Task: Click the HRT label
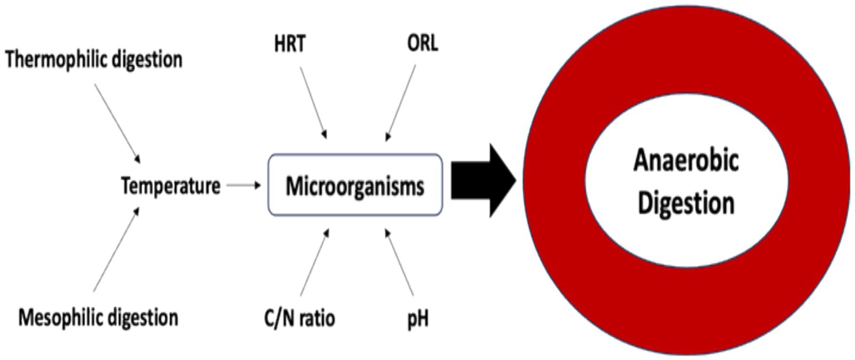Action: pyautogui.click(x=290, y=44)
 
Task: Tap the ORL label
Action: pyautogui.click(x=422, y=43)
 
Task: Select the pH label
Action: pyautogui.click(x=418, y=319)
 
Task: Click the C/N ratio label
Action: pyautogui.click(x=300, y=318)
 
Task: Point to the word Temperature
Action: pyautogui.click(x=170, y=186)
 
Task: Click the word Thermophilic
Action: pyautogui.click(x=56, y=59)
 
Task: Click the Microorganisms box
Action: pyautogui.click(x=355, y=186)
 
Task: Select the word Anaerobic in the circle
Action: pyautogui.click(x=686, y=161)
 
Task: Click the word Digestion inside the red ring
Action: pyautogui.click(x=686, y=202)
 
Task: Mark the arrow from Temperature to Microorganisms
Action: pyautogui.click(x=243, y=185)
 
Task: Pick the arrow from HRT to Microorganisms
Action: pyautogui.click(x=313, y=102)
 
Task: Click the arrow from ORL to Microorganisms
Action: pyautogui.click(x=401, y=102)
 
